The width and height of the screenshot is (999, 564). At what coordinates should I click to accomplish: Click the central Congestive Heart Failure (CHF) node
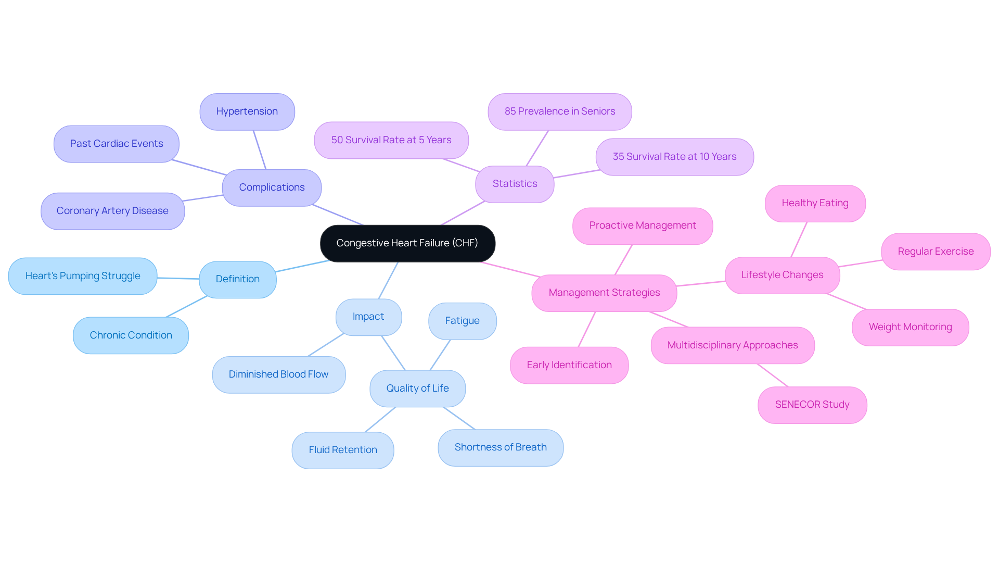[x=407, y=243]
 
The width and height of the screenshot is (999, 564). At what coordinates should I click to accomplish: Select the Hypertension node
[x=247, y=111]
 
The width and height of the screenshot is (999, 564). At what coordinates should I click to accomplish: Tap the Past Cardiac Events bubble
[x=117, y=144]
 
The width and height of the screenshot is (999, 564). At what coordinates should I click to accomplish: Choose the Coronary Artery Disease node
[x=112, y=211]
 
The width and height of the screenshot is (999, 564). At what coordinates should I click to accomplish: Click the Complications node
[x=272, y=187]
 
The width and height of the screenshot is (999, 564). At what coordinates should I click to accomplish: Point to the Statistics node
[x=515, y=184]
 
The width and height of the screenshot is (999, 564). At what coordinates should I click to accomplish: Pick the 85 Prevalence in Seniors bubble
[x=560, y=111]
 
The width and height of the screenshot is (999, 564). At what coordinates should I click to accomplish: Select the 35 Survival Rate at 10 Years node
[x=674, y=157]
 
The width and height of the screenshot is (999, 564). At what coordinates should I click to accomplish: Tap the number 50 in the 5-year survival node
[x=337, y=140]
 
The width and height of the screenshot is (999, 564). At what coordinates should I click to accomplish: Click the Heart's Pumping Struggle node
[x=83, y=276]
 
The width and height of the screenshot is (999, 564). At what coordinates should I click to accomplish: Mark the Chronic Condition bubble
[x=131, y=335]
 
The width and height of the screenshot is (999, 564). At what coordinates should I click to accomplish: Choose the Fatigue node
[x=462, y=321]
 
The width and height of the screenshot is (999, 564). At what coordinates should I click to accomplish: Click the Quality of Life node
[x=417, y=388]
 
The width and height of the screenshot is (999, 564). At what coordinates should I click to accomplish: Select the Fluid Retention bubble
[x=343, y=450]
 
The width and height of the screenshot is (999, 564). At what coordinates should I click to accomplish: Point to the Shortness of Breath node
[x=501, y=447]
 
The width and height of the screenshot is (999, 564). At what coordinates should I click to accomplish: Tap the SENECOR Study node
[x=812, y=405]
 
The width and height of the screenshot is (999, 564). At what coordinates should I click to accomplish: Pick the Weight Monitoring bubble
[x=910, y=327]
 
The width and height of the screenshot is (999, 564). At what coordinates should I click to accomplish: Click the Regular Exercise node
[x=936, y=252]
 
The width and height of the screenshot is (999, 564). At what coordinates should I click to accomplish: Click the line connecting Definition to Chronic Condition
[x=186, y=307]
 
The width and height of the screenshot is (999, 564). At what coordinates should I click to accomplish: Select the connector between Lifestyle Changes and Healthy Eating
[x=799, y=240]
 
